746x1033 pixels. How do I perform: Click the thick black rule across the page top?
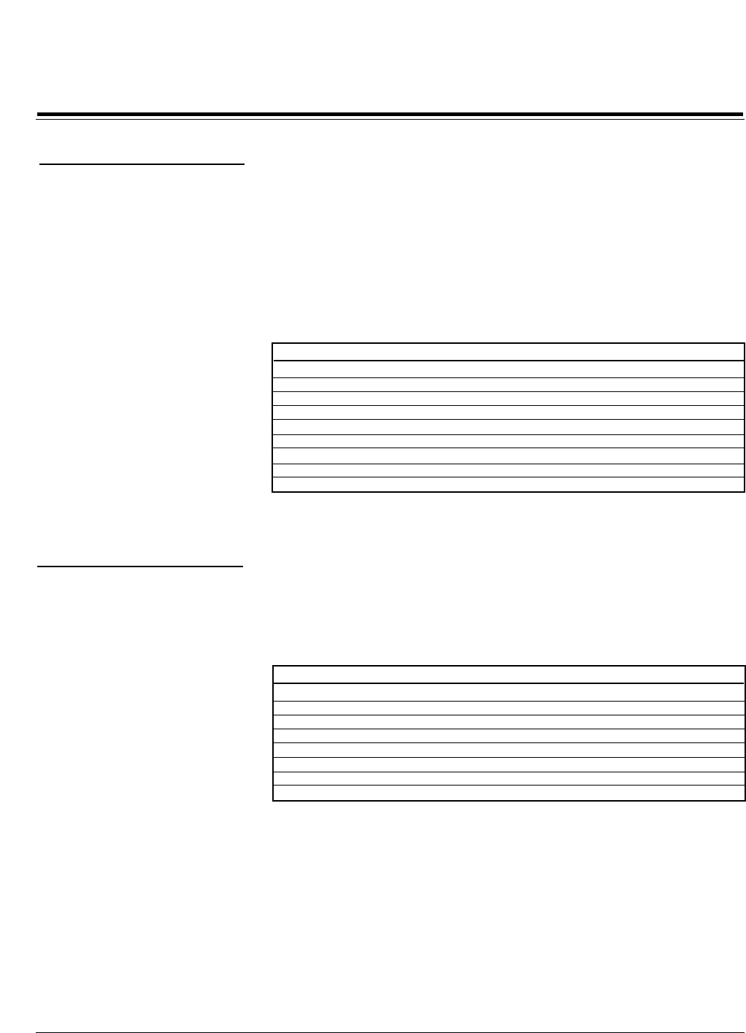point(390,115)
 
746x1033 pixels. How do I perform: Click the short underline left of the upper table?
point(142,166)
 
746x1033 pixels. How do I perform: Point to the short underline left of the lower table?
point(139,566)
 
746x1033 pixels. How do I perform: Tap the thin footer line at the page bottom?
point(390,1032)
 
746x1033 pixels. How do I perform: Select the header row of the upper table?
point(508,352)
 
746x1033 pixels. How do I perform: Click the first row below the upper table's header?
point(508,369)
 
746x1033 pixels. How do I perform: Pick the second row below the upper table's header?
point(508,385)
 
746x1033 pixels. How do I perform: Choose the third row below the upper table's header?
point(508,399)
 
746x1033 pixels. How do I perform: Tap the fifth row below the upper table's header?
point(508,428)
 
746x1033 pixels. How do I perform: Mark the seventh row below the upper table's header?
point(508,457)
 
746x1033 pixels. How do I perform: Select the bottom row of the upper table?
point(508,485)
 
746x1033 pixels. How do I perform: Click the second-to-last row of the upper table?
point(508,471)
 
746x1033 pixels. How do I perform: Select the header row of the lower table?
point(508,675)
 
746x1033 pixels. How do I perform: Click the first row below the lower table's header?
point(508,693)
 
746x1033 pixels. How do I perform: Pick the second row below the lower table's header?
point(508,708)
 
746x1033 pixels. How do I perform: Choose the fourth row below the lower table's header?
point(508,737)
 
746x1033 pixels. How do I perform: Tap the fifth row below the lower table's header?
point(508,750)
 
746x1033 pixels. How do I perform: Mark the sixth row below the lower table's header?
point(508,765)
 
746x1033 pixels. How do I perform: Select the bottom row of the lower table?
point(508,794)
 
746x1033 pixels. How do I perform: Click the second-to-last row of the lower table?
point(508,779)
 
